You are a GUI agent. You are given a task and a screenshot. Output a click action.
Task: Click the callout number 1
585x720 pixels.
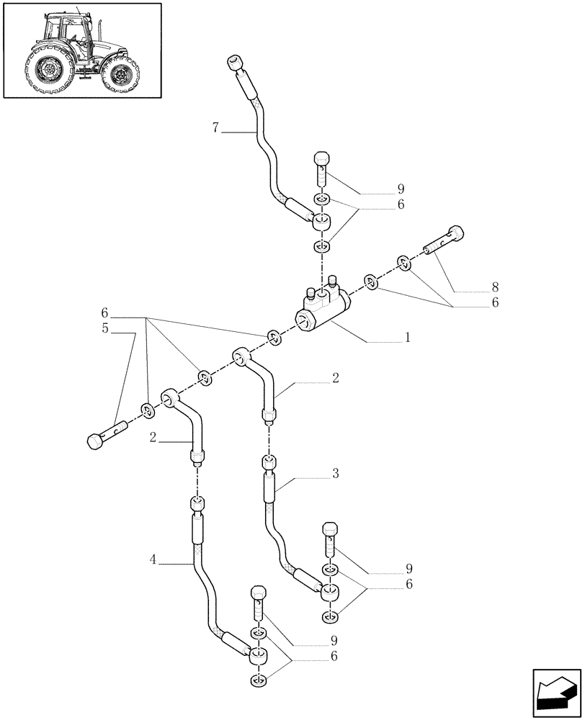[408, 336]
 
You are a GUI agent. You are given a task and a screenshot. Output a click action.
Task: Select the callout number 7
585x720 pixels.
[216, 128]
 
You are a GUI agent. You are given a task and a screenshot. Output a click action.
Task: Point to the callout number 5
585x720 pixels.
[105, 329]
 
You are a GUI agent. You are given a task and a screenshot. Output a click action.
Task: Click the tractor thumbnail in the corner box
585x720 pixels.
[82, 50]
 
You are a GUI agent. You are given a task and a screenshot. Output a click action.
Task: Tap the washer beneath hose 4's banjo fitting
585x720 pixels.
[260, 680]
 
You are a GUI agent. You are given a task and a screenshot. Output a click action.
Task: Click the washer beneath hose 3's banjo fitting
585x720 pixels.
[331, 616]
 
